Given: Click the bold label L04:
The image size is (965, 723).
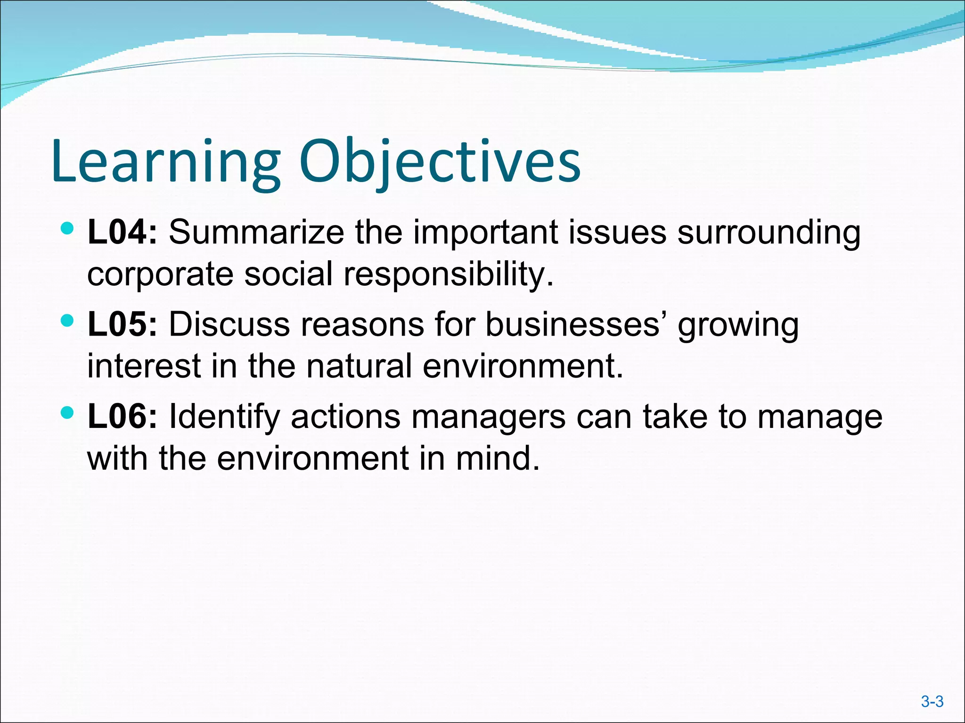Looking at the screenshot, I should [122, 232].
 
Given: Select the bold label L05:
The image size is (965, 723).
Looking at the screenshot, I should [122, 324].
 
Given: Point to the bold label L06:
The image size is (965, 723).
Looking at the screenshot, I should [122, 417].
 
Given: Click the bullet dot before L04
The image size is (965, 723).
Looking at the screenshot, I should [68, 229].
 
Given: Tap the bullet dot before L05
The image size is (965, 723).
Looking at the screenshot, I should [68, 321].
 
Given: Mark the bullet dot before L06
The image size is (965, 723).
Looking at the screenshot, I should [68, 413].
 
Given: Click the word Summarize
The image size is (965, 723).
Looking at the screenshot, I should [256, 232].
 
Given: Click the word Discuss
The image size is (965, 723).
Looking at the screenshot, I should [229, 324].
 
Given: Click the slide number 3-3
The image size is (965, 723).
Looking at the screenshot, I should [932, 702].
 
